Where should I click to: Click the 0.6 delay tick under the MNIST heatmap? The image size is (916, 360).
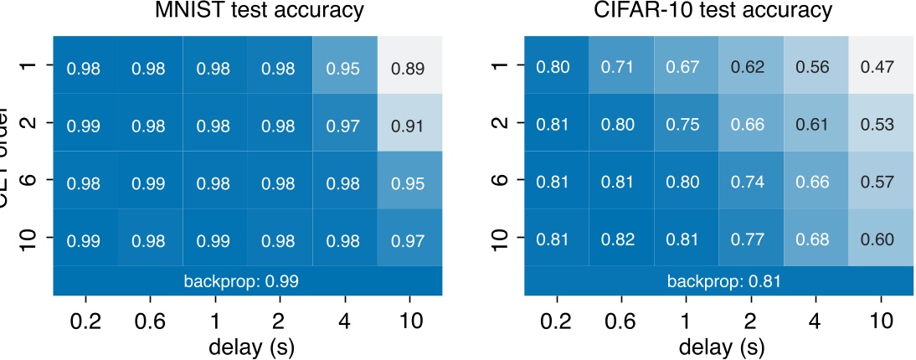pos(149,319)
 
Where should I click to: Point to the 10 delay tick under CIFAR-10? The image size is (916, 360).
pos(880,319)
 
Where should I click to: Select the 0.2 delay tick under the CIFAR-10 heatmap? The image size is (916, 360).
pos(557,319)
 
